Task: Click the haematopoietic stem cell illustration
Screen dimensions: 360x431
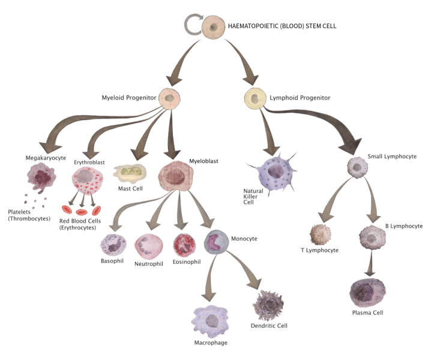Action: (214, 26)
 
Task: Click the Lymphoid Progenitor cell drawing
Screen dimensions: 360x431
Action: (256, 98)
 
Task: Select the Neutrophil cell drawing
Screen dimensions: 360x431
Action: (148, 245)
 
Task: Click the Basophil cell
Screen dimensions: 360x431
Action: (114, 245)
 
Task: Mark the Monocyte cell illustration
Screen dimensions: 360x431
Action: (216, 242)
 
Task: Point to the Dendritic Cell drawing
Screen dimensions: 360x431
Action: (270, 304)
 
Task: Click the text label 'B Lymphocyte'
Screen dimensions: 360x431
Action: (404, 226)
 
